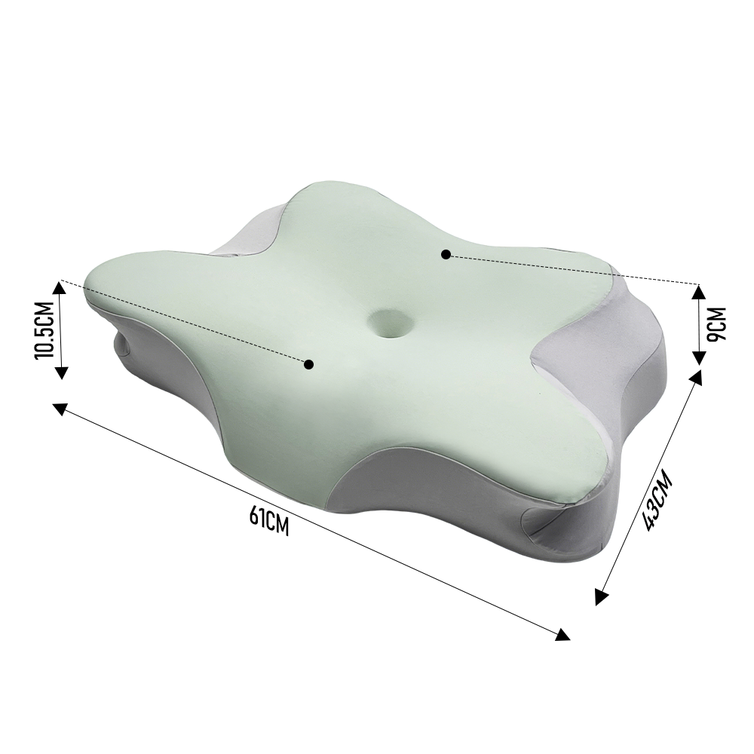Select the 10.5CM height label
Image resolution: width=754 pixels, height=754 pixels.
tap(43, 330)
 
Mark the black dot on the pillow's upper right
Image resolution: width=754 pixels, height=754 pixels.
tap(446, 254)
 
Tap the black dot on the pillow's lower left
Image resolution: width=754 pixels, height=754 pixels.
tap(308, 364)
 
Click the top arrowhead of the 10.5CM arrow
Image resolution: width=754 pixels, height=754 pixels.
tap(59, 288)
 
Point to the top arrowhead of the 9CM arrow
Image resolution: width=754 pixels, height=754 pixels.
tap(699, 291)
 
